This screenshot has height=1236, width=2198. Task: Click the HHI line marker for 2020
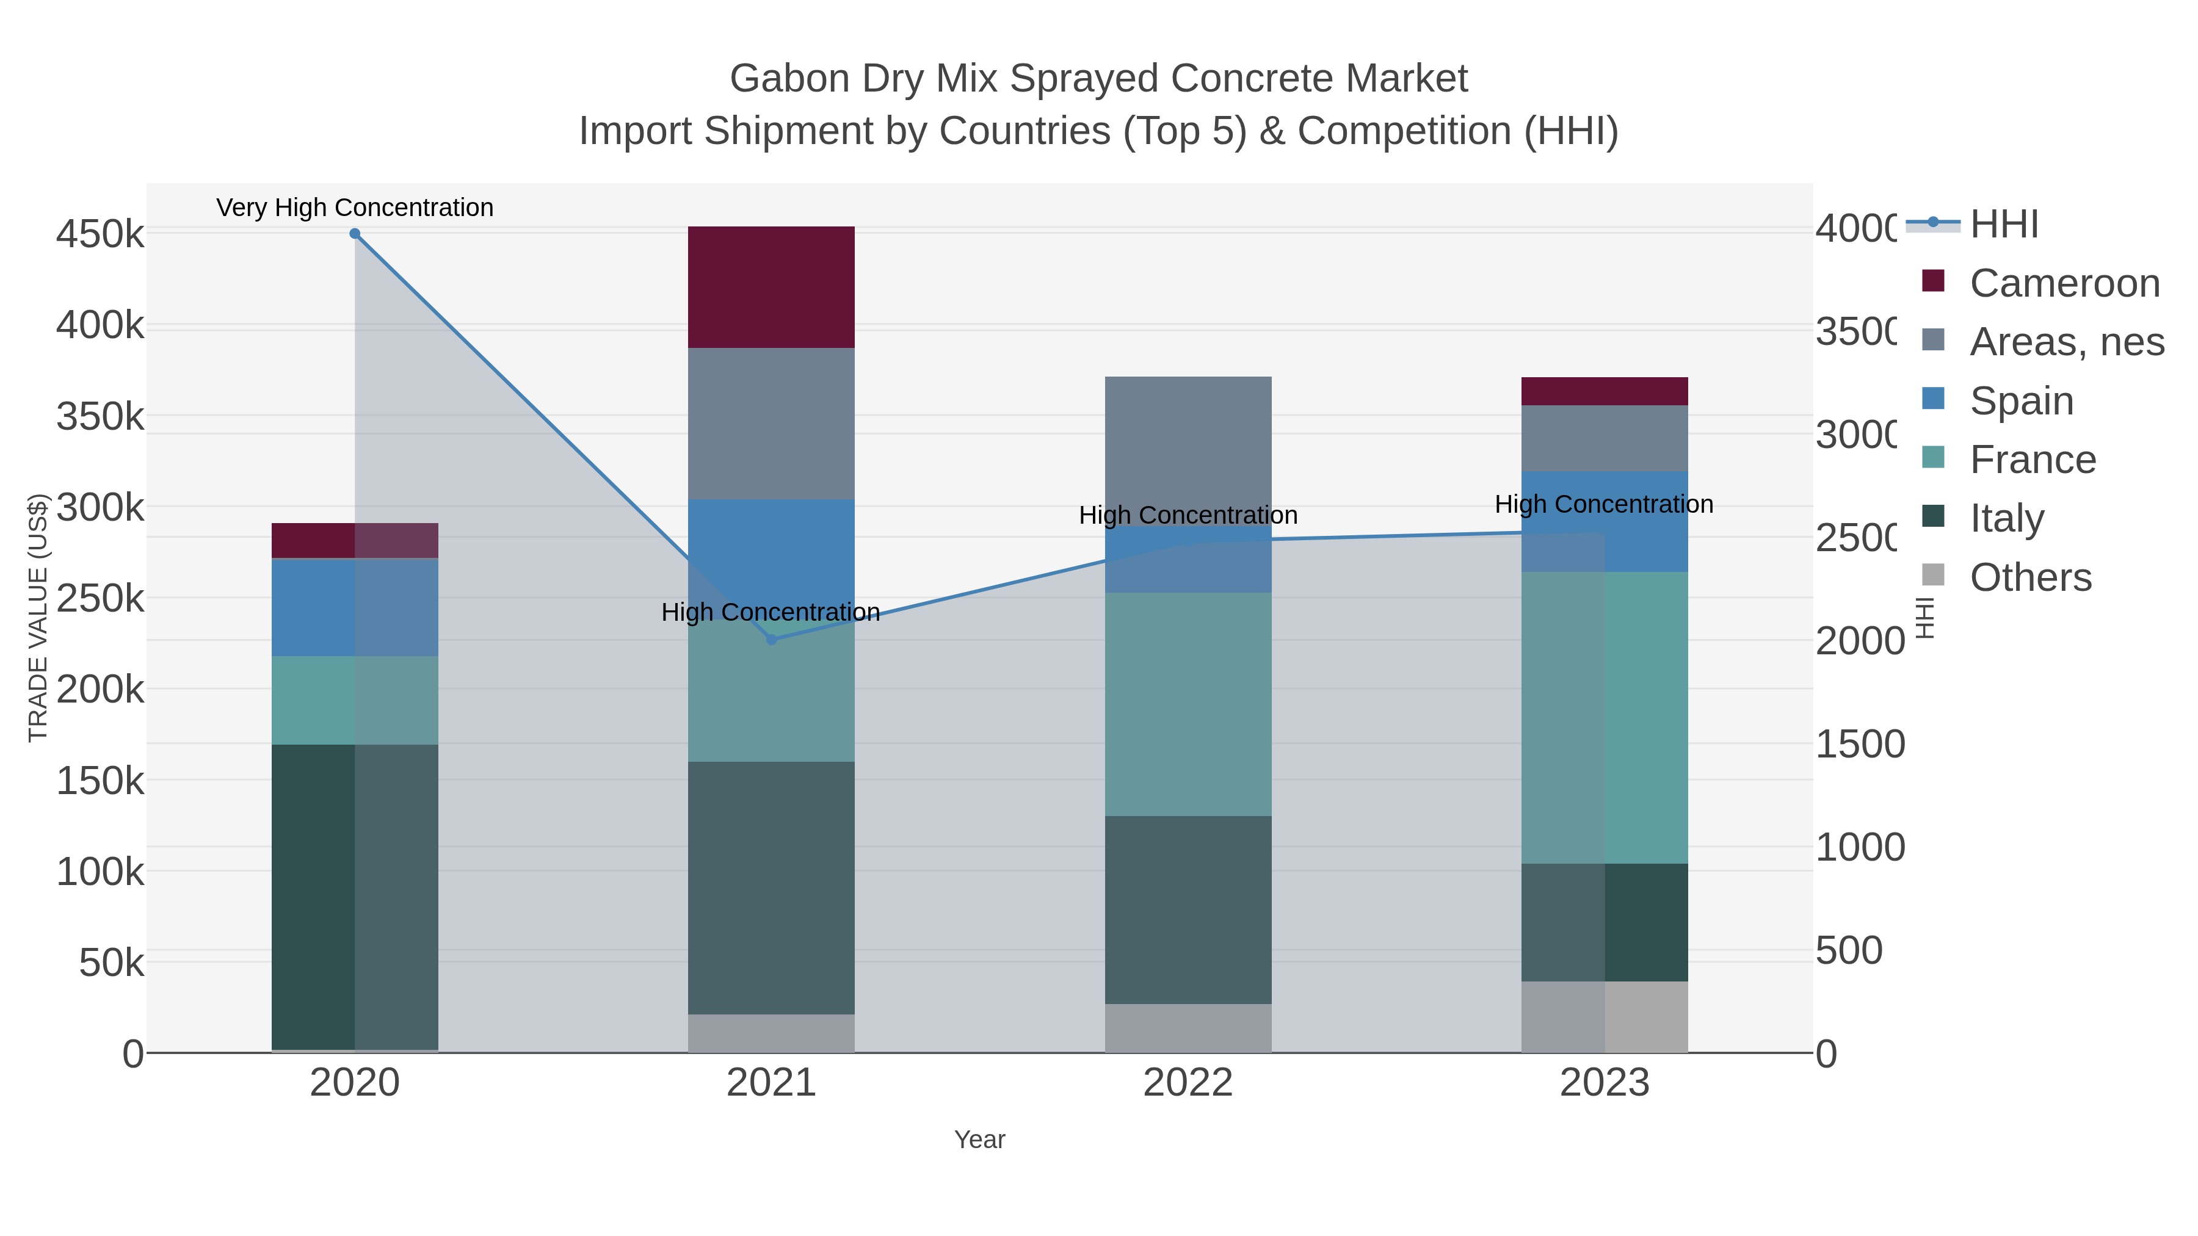click(x=355, y=234)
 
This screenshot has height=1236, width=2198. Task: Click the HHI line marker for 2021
click(x=771, y=640)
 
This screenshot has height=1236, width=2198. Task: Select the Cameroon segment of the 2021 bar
click(x=771, y=287)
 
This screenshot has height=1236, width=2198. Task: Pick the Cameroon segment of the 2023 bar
click(x=1604, y=391)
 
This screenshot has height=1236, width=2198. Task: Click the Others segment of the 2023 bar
click(x=1604, y=1017)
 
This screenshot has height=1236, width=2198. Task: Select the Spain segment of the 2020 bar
click(x=355, y=607)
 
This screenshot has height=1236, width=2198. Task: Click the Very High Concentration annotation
click(x=355, y=208)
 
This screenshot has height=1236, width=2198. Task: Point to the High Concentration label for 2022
click(x=1188, y=515)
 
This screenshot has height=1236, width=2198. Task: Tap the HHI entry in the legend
click(x=2003, y=225)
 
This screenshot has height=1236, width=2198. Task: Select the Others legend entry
click(x=2030, y=577)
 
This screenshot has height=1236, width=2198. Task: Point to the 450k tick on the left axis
click(x=100, y=234)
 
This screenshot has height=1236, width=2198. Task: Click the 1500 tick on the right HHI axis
click(x=1859, y=744)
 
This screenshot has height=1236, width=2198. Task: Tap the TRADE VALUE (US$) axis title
click(x=38, y=618)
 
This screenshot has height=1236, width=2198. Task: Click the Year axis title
click(x=979, y=1140)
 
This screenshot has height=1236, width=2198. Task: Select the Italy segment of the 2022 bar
click(x=1188, y=909)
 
